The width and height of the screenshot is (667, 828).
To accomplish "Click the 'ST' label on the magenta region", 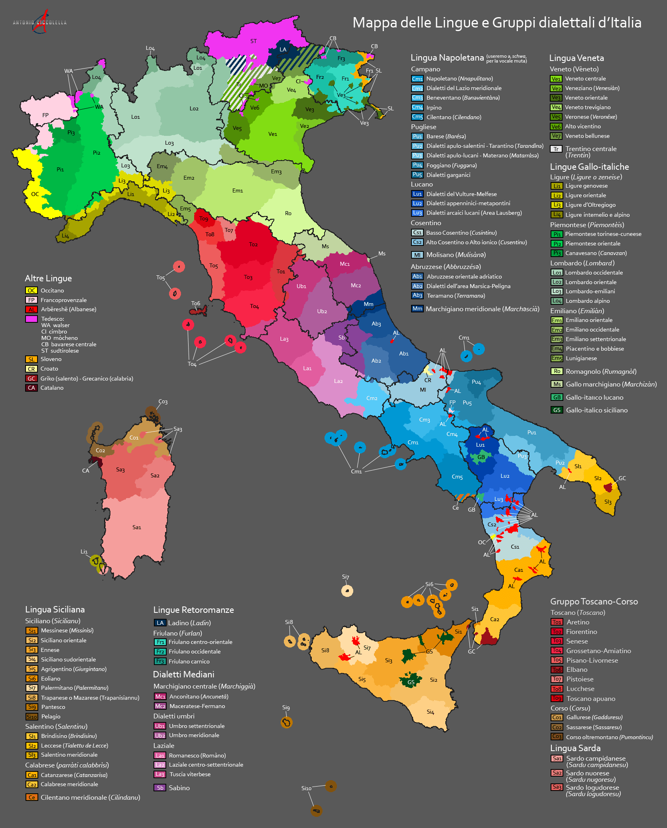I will click(x=254, y=41).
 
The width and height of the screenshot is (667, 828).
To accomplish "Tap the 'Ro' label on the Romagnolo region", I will click(x=288, y=213).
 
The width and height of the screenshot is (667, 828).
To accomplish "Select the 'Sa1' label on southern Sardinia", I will click(x=137, y=527).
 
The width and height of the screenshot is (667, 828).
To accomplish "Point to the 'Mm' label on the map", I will click(x=368, y=304).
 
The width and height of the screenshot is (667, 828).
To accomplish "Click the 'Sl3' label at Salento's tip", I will click(x=608, y=502).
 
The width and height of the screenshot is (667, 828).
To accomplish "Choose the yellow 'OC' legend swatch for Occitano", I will click(x=31, y=290).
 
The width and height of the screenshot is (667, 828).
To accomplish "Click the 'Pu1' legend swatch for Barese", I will click(x=417, y=136).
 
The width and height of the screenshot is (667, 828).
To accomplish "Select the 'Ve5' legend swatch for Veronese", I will click(x=556, y=117).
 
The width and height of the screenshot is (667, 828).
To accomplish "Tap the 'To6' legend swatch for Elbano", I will click(x=557, y=670).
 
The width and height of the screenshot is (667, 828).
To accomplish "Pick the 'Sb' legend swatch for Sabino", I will click(x=160, y=788).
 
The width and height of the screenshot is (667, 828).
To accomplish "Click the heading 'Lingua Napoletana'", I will click(x=447, y=58).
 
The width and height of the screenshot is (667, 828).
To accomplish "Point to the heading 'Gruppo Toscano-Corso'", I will click(x=594, y=602).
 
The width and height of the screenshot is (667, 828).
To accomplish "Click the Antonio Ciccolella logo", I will click(x=40, y=22).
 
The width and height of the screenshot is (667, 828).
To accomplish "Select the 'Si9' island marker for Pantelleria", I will click(x=286, y=722).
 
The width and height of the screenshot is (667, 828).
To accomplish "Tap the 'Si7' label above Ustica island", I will click(x=345, y=577).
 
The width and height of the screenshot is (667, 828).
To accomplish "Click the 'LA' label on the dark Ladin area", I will click(x=283, y=50).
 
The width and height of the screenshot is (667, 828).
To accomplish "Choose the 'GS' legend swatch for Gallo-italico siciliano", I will click(x=557, y=410).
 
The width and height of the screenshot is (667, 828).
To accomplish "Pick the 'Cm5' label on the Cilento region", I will click(x=457, y=477).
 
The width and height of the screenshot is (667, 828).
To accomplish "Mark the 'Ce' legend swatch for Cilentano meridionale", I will click(x=31, y=797).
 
